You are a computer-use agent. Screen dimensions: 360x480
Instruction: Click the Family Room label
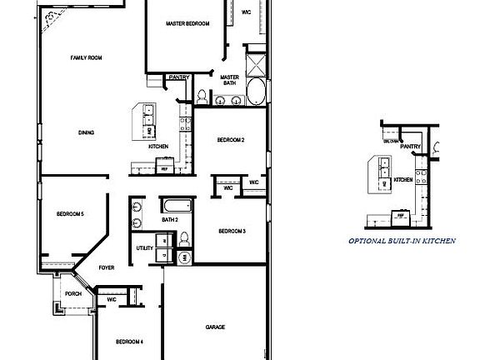click(x=86, y=57)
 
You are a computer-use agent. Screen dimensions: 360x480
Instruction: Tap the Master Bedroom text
click(x=186, y=23)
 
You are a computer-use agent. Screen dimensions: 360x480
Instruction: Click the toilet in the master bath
click(x=202, y=96)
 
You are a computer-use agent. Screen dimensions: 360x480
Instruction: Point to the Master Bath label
click(x=230, y=80)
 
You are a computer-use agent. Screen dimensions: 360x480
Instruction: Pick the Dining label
click(x=86, y=132)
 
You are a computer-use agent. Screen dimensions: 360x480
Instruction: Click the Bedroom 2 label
click(x=231, y=139)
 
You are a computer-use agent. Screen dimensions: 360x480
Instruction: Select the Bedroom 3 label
click(x=232, y=231)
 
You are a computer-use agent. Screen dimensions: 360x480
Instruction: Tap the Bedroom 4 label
click(x=129, y=342)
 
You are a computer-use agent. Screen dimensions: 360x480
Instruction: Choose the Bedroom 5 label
click(x=71, y=214)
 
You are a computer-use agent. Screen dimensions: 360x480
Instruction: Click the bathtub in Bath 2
click(x=176, y=207)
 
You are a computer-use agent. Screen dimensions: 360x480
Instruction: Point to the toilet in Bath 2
click(x=185, y=240)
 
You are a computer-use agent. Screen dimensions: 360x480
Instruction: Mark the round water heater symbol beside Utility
click(x=185, y=258)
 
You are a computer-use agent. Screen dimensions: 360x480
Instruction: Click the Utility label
click(x=144, y=248)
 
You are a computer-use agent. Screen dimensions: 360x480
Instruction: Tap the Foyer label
click(x=107, y=268)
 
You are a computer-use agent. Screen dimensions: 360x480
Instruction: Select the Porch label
click(x=73, y=294)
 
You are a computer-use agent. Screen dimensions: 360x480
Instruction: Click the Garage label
click(x=215, y=327)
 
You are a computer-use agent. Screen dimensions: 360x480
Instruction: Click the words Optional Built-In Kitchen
click(x=402, y=241)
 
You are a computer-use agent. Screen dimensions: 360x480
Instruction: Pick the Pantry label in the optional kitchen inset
click(x=410, y=147)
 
